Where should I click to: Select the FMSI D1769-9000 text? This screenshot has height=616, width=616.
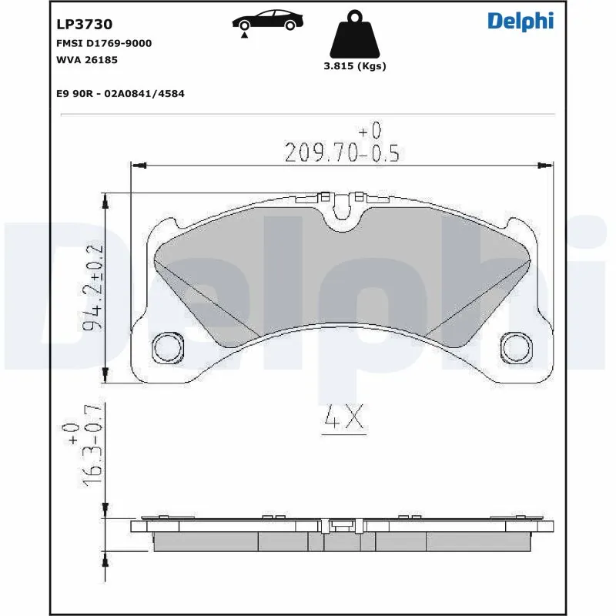(x=104, y=43)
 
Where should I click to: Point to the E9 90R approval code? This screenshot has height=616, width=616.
(x=120, y=93)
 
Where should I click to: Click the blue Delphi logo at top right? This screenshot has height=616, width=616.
(x=521, y=22)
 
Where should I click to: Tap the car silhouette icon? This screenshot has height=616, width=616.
(x=266, y=20)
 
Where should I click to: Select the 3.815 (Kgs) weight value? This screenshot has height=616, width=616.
(x=354, y=66)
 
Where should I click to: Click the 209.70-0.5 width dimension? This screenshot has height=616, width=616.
(x=342, y=153)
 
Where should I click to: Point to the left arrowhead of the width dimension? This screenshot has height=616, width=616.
(x=138, y=164)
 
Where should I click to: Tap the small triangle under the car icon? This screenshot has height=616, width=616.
(x=244, y=35)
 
